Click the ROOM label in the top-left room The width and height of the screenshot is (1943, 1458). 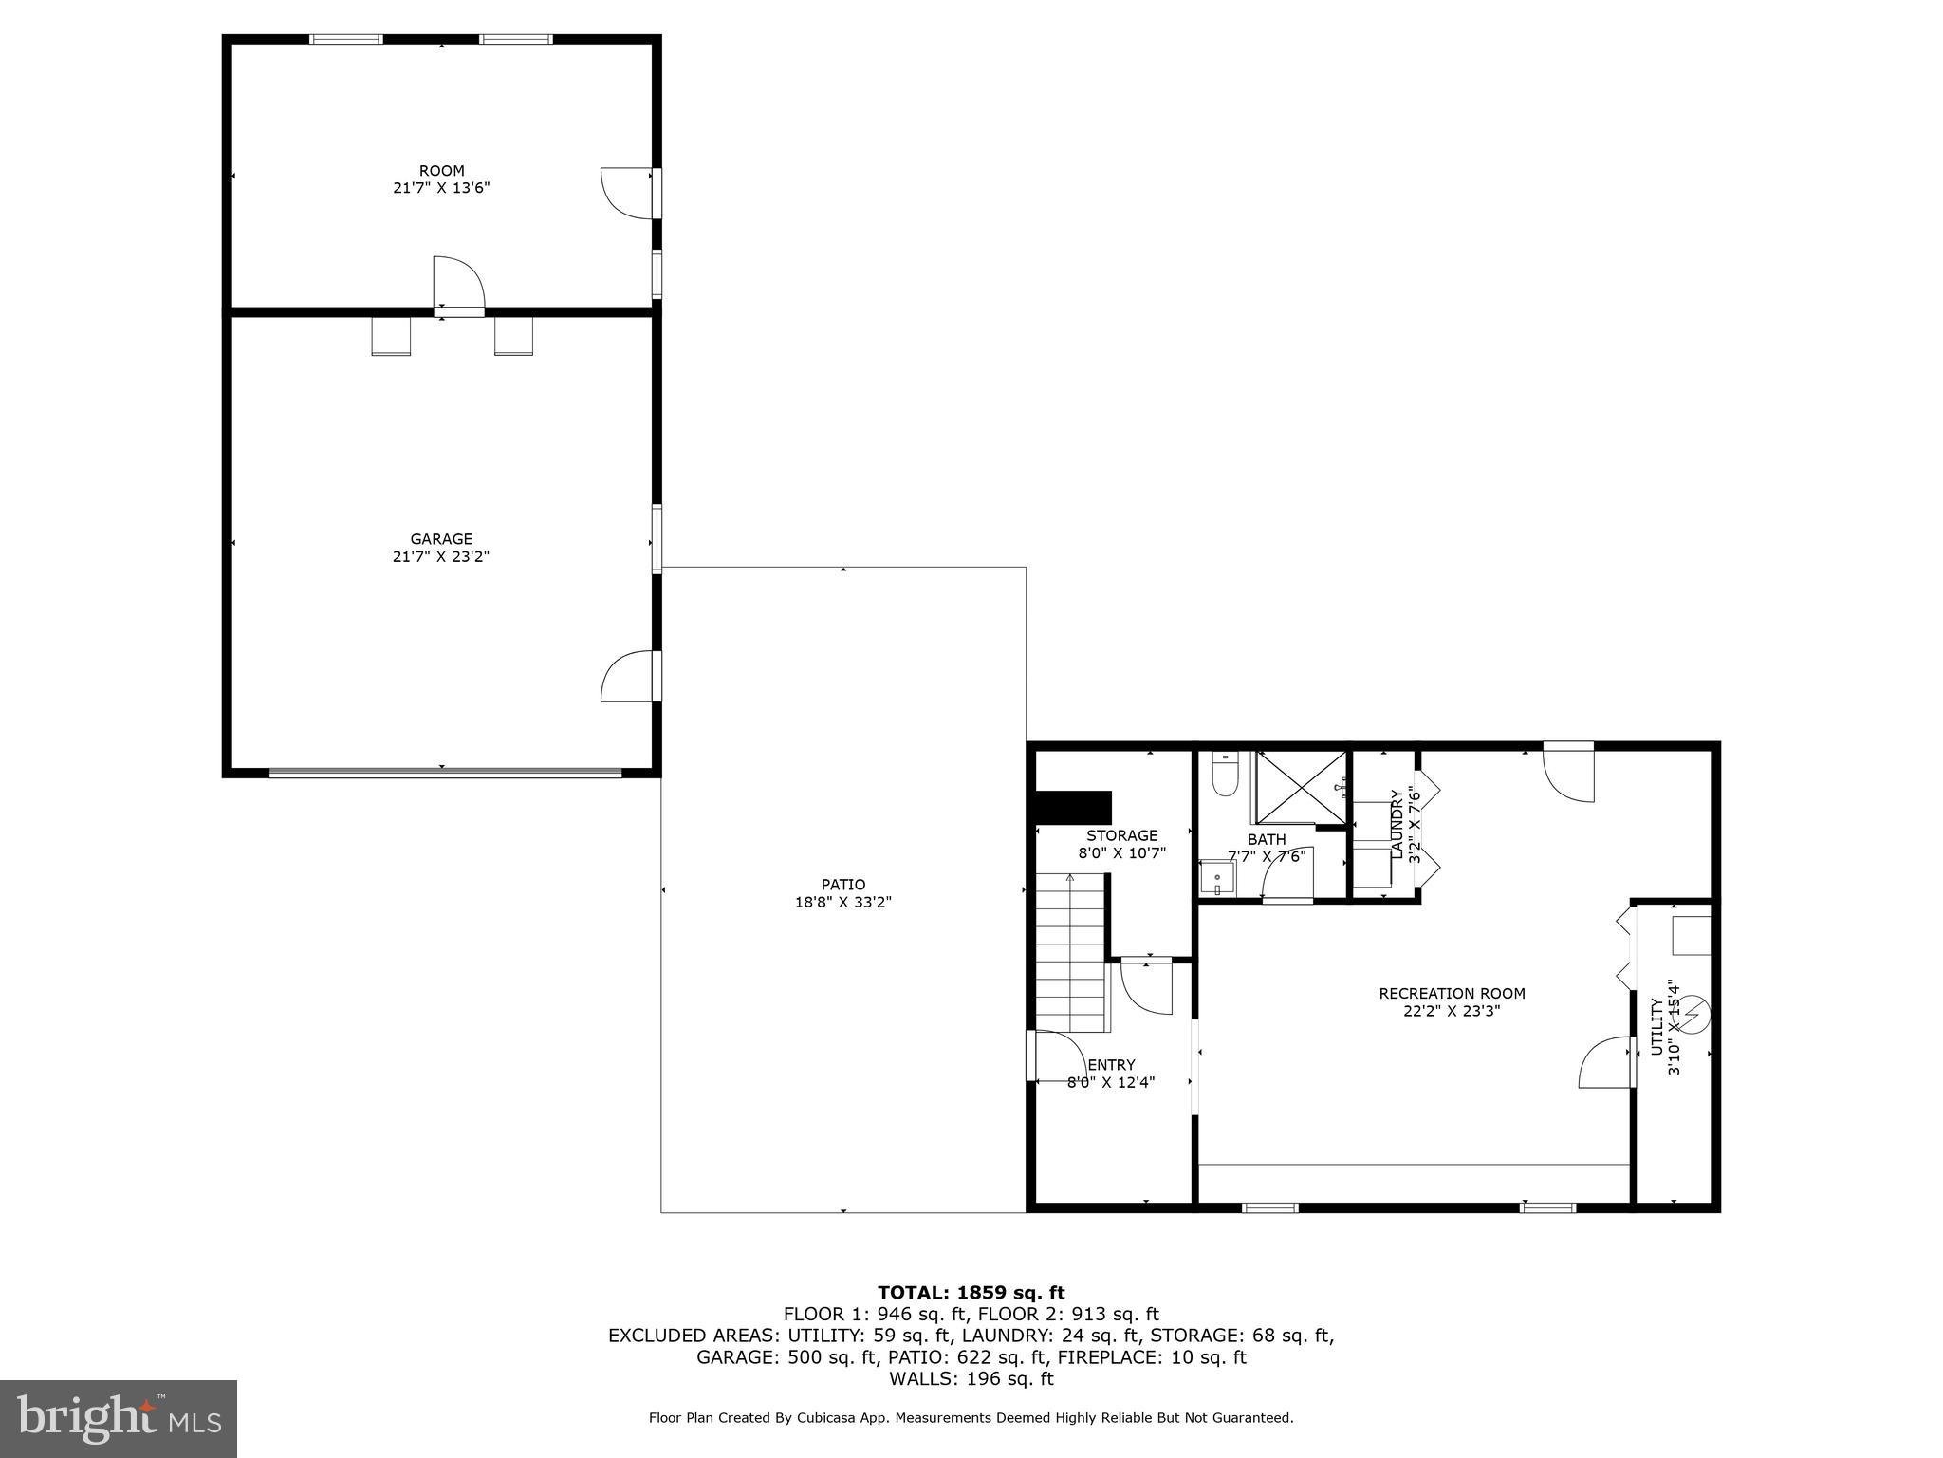441,171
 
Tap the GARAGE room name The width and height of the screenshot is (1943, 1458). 441,539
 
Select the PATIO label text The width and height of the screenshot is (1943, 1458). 843,885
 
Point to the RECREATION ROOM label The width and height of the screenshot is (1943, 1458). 1452,994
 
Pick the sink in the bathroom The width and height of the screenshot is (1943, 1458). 1216,877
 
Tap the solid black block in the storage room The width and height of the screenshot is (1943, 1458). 1073,808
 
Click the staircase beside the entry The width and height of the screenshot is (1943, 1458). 1070,954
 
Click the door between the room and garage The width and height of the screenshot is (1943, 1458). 459,285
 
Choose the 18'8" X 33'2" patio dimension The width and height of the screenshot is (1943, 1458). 843,903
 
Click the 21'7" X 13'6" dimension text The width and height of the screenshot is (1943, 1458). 441,188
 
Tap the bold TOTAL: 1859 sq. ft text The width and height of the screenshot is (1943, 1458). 971,1293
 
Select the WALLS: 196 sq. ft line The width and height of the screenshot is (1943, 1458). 971,1379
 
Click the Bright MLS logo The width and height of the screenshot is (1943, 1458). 119,1418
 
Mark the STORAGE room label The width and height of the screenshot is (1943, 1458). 1121,835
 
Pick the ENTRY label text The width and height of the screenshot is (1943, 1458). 1111,1065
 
